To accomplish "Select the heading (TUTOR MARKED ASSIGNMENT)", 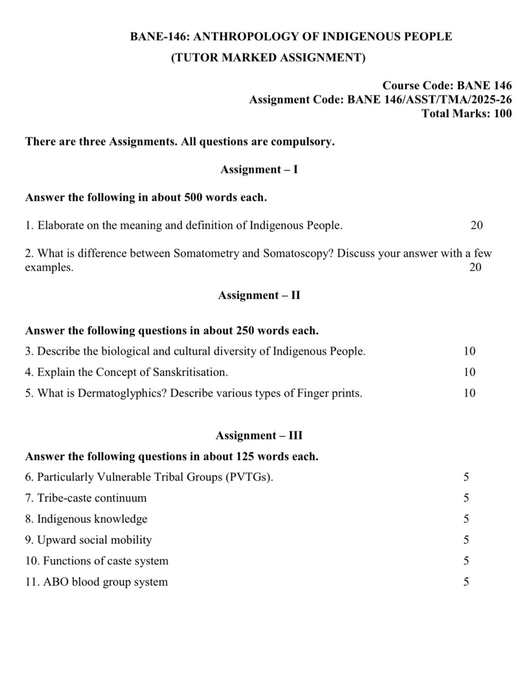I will tap(268, 57).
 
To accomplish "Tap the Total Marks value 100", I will tap(502, 114).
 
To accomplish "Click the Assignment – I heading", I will tap(259, 169).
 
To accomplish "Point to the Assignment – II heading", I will tap(259, 295).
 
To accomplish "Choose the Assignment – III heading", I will tap(259, 435).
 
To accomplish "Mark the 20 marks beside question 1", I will tap(476, 226).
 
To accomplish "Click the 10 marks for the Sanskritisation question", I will tap(469, 372).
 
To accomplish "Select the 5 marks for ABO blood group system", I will tap(466, 582).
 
